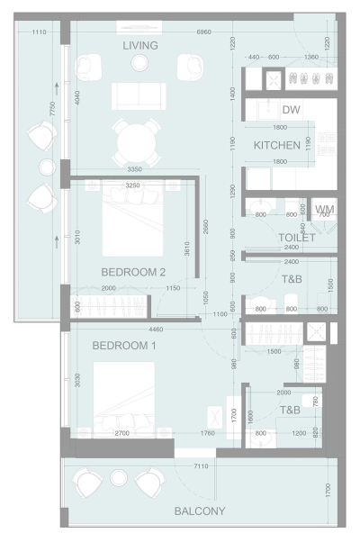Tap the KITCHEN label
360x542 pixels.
pyautogui.click(x=276, y=145)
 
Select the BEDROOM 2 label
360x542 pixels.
pyautogui.click(x=133, y=271)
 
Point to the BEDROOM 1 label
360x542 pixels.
pyautogui.click(x=124, y=346)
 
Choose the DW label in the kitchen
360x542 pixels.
pyautogui.click(x=291, y=110)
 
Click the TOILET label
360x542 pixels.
pyautogui.click(x=296, y=238)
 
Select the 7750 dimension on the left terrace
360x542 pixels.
pyautogui.click(x=55, y=111)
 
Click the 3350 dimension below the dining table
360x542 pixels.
pyautogui.click(x=134, y=169)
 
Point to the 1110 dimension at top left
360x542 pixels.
pyautogui.click(x=39, y=32)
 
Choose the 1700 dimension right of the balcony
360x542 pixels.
pyautogui.click(x=328, y=492)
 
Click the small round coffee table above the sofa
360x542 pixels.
pyautogui.click(x=139, y=63)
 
